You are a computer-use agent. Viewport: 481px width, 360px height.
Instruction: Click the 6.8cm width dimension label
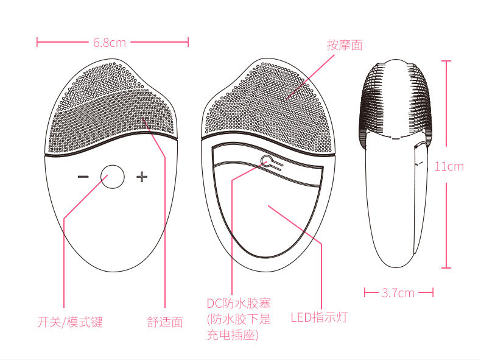[110, 43]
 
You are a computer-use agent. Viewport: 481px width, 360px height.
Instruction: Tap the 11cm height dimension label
[449, 166]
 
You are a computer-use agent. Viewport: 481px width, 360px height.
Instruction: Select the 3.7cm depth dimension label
[398, 293]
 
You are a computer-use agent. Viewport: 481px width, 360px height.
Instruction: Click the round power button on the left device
[113, 177]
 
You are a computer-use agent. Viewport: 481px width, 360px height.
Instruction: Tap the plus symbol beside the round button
[142, 177]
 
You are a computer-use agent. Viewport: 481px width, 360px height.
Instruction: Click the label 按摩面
[345, 44]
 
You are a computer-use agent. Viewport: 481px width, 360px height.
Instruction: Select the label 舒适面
[165, 322]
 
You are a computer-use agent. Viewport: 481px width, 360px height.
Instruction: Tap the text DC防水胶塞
[238, 303]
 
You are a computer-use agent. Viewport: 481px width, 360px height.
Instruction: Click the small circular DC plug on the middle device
[267, 161]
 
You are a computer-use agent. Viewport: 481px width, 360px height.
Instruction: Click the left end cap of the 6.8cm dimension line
[38, 43]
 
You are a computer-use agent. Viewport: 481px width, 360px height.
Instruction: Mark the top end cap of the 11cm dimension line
[446, 62]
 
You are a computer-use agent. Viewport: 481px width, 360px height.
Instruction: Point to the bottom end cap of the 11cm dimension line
[446, 267]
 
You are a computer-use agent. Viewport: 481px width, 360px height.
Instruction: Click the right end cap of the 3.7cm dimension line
[433, 293]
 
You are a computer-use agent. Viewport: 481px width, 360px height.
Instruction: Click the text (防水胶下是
[238, 319]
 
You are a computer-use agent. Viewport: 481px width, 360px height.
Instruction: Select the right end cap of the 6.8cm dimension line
[188, 43]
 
